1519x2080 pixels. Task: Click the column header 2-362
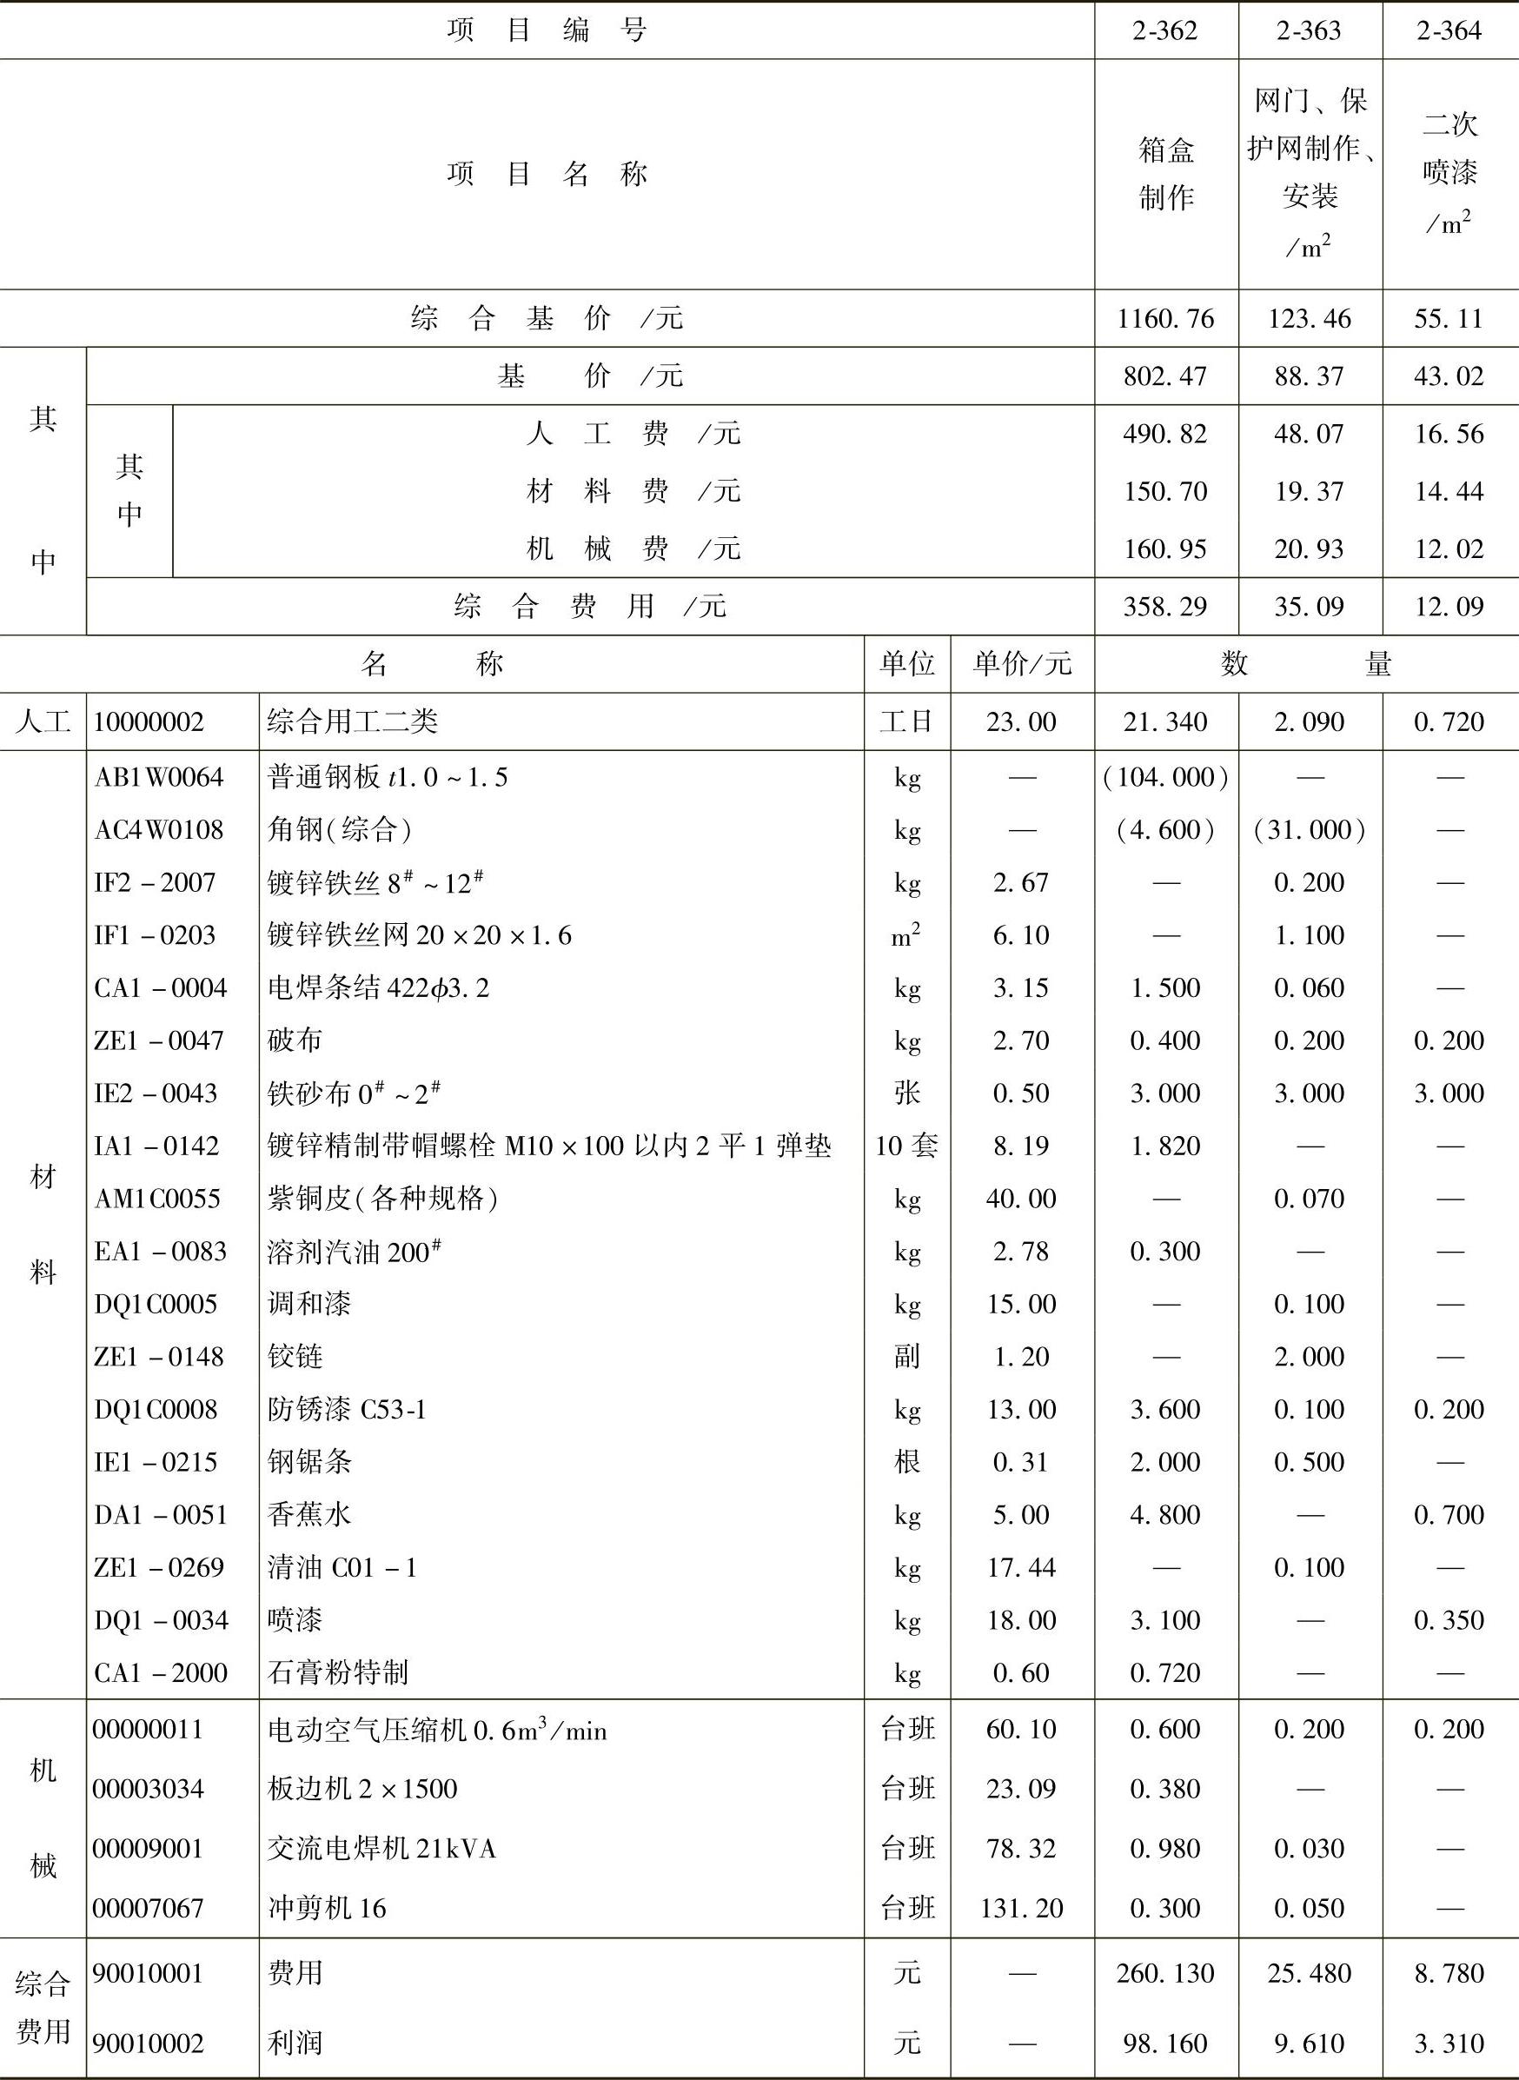tap(1164, 31)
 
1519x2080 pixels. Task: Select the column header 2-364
tap(1449, 31)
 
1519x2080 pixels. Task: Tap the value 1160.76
tap(1165, 319)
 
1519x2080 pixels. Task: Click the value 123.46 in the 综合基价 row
tap(1309, 319)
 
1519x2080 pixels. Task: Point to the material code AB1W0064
tap(158, 778)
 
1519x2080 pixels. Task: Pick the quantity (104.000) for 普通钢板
tap(1165, 778)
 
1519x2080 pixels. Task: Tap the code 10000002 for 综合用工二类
tap(148, 721)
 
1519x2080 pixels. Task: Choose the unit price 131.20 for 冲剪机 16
tap(1021, 1908)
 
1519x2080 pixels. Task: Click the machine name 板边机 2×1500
tap(362, 1789)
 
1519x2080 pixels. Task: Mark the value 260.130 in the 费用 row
tap(1165, 1973)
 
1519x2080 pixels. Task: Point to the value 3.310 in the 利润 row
tap(1449, 2044)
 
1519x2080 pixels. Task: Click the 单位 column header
tap(906, 664)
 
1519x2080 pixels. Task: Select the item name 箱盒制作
tap(1165, 174)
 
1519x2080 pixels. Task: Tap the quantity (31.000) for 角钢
tap(1309, 830)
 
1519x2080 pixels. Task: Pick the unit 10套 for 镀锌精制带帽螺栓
tap(906, 1146)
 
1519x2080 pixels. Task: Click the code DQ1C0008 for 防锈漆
tap(156, 1410)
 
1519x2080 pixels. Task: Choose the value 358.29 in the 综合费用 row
tap(1165, 607)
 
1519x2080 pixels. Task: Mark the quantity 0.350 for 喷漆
tap(1449, 1620)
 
